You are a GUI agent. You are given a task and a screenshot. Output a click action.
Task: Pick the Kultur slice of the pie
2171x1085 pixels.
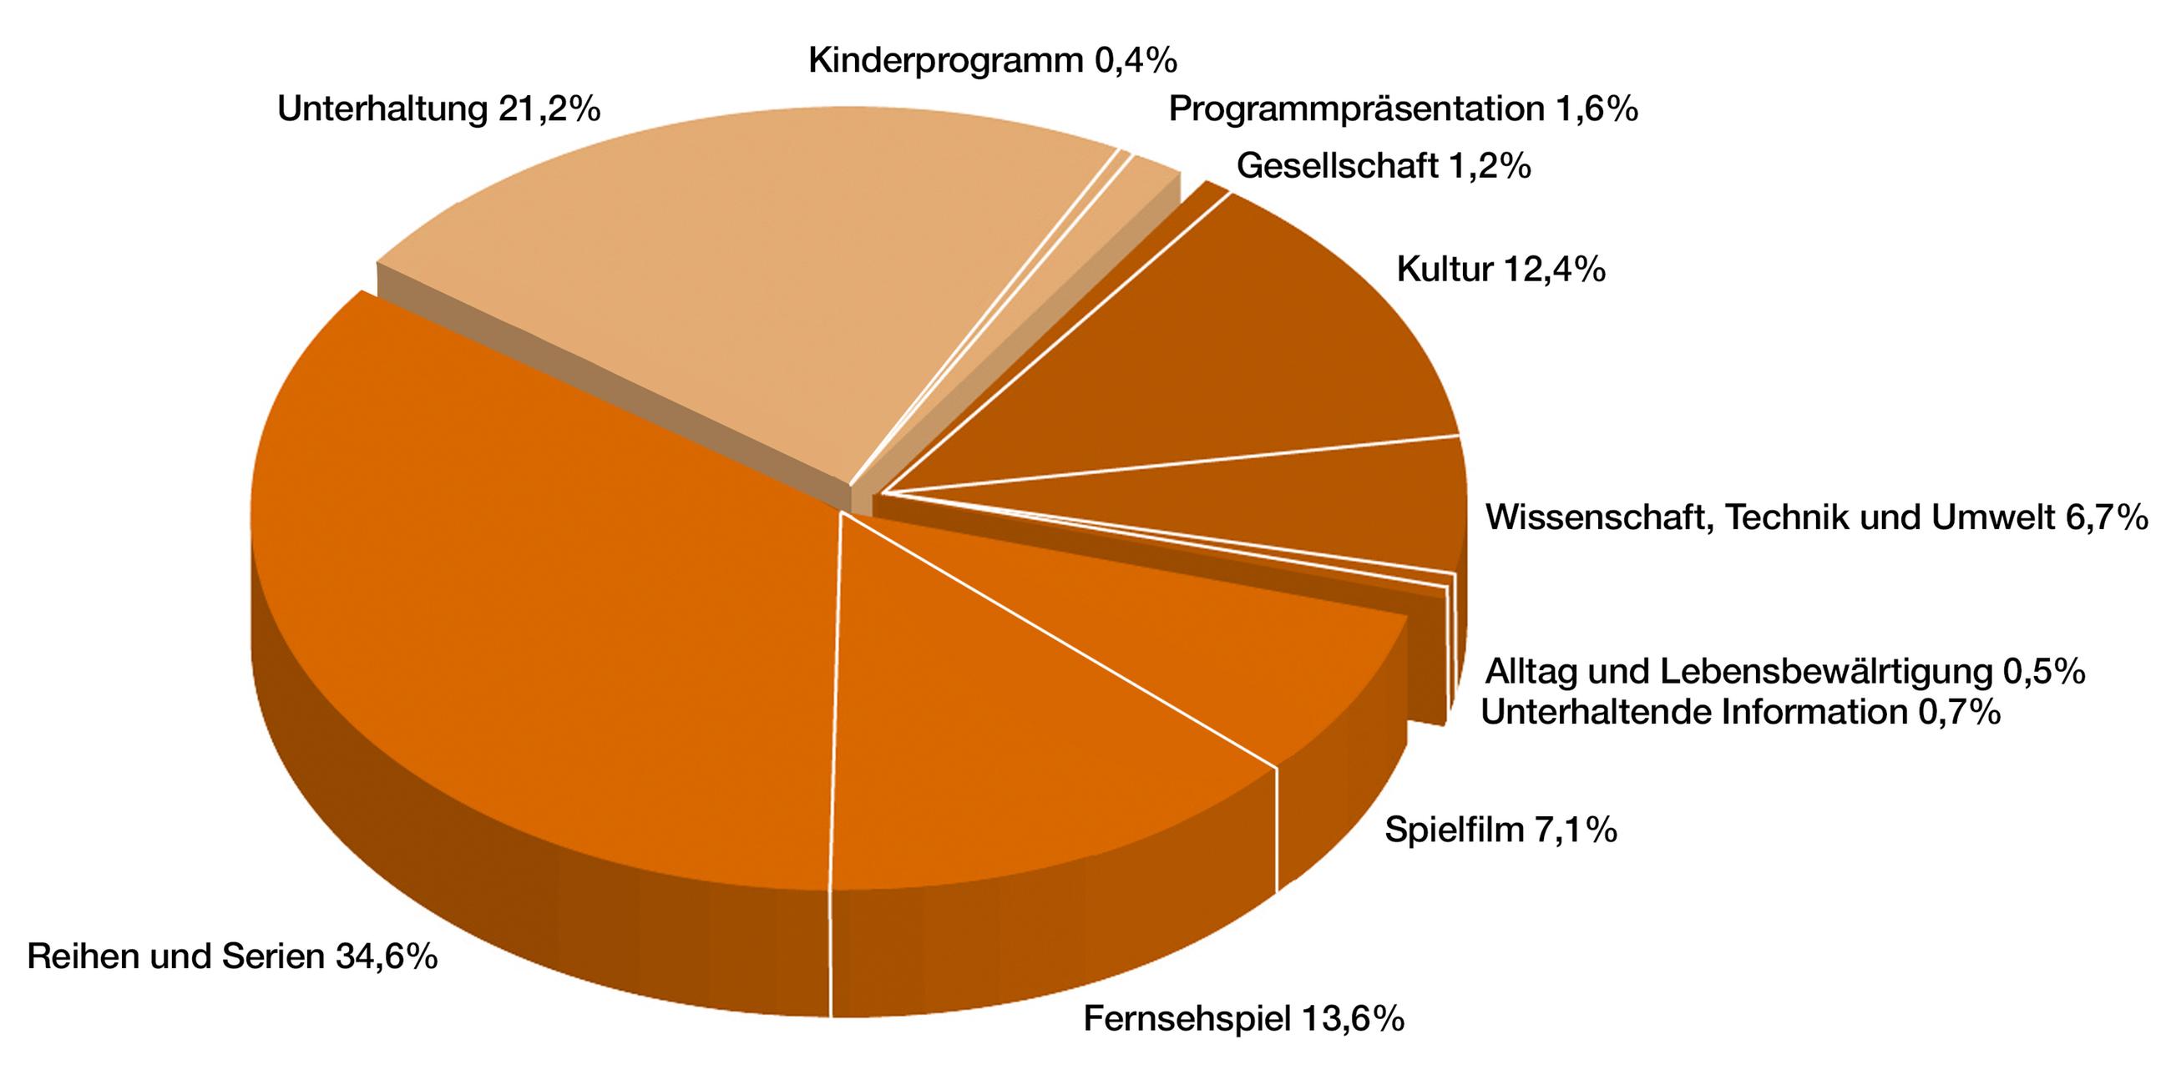[1222, 354]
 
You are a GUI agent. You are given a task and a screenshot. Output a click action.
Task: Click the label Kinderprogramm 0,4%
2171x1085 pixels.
[992, 61]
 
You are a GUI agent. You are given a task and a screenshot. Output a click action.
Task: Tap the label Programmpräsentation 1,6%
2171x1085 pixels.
[1404, 109]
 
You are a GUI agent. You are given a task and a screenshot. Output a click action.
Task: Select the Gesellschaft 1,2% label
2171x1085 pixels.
[1383, 166]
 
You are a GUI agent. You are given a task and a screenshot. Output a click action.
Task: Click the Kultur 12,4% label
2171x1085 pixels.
[1501, 270]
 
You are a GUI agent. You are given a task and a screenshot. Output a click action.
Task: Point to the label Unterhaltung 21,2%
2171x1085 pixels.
[438, 109]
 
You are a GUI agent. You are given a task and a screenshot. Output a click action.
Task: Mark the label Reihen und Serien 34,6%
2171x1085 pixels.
[233, 957]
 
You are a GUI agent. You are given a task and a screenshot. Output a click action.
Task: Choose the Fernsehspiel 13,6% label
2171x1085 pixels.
[1243, 1018]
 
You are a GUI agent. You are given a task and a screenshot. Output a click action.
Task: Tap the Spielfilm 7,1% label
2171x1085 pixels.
[1501, 830]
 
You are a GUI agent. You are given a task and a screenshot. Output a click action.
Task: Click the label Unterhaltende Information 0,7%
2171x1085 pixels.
[1740, 713]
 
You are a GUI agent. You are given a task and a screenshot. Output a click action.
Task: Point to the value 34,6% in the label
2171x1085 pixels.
[387, 957]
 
